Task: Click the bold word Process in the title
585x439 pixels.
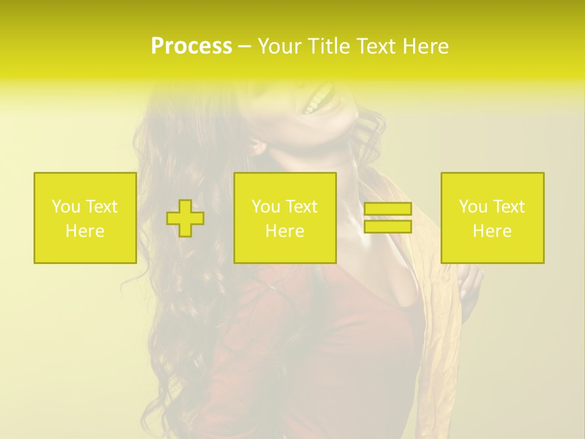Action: [191, 46]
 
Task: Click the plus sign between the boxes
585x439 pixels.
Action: [185, 218]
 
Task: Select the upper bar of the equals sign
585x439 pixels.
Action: [388, 209]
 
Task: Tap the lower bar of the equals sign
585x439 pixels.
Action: [388, 226]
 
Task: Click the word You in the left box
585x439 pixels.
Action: [66, 207]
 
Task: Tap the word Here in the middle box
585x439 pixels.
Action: [285, 231]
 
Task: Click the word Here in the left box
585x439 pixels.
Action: [85, 231]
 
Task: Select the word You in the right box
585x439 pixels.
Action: [473, 207]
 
